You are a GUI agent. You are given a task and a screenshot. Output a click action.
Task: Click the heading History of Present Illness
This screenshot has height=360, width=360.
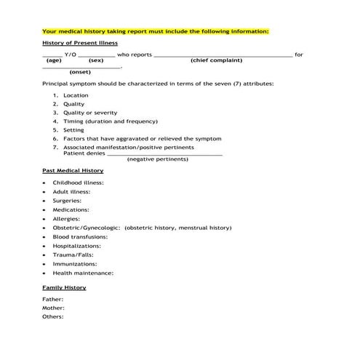[x=79, y=44]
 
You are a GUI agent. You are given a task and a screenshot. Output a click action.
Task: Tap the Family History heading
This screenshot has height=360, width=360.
[x=64, y=288]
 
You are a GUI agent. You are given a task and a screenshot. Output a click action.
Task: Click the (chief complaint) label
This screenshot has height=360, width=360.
[x=217, y=61]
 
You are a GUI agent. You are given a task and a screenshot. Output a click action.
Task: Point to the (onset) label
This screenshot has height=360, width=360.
[x=80, y=73]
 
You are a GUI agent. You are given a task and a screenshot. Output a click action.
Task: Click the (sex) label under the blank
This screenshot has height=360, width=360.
[x=96, y=61]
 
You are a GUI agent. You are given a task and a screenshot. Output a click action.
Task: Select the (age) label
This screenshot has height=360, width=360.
[x=54, y=61]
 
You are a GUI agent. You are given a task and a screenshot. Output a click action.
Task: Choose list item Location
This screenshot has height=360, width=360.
[x=76, y=95]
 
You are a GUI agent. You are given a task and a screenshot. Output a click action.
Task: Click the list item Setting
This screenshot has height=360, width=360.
[x=73, y=130]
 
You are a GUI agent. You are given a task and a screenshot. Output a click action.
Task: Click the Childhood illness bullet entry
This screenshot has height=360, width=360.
[x=84, y=183]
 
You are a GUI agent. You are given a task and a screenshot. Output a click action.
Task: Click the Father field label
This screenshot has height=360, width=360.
[x=52, y=299]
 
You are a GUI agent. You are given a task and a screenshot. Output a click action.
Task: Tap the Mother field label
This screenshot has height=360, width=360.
[x=53, y=308]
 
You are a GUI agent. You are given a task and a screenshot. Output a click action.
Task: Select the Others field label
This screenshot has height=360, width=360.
[x=53, y=316]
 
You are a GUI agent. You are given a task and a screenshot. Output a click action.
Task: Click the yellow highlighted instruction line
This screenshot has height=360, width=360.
[x=156, y=31]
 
